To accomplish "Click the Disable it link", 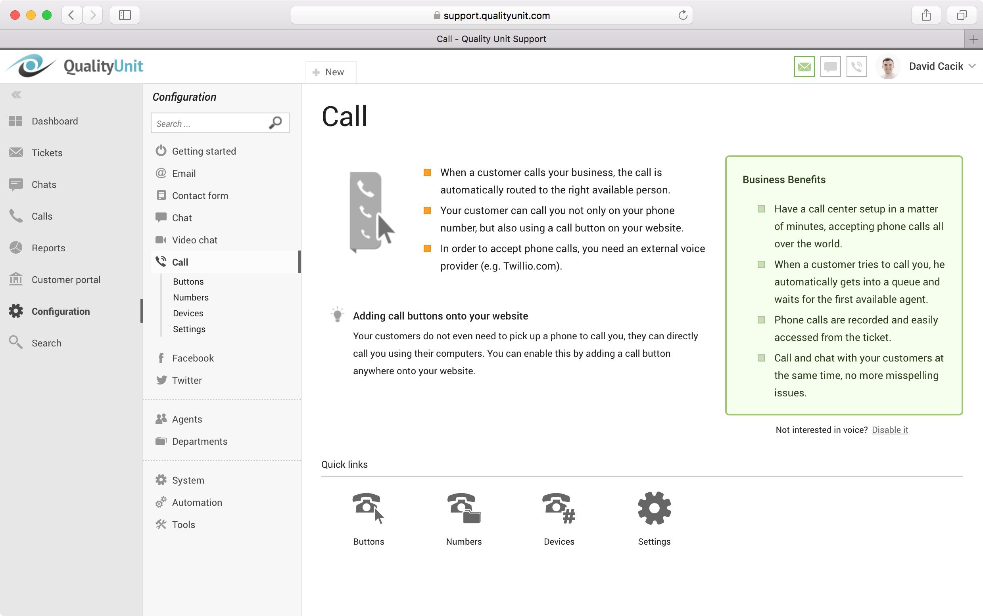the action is (x=890, y=430).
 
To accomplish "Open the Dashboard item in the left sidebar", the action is (x=55, y=121).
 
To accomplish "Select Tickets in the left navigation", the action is (x=47, y=153).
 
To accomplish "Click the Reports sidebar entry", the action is (x=48, y=248).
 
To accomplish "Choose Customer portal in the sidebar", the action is (x=65, y=280).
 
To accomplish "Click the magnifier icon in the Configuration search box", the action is (x=276, y=122).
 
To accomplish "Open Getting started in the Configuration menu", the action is (x=204, y=151).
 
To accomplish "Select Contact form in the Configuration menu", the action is (x=200, y=195).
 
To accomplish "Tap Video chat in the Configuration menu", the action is (x=194, y=240).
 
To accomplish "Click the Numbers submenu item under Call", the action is (x=191, y=297).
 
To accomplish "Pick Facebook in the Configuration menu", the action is (x=192, y=358).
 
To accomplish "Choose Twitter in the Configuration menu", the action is (x=187, y=380).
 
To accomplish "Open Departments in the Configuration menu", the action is (x=200, y=441).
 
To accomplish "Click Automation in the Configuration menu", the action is (x=197, y=502).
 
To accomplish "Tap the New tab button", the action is (x=331, y=72).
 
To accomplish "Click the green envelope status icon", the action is (x=804, y=67).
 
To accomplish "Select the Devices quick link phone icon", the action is (x=559, y=508).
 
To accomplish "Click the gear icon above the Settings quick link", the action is (x=654, y=508).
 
